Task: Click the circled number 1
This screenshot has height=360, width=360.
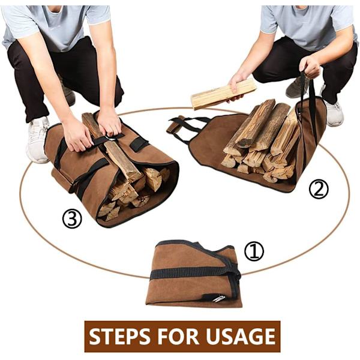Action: pos(254,251)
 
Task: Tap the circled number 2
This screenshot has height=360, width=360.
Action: pos(319,188)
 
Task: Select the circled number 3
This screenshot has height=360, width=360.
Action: pos(72,219)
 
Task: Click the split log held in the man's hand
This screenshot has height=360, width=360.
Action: pos(223,94)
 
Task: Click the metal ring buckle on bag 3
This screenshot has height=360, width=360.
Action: pos(110,139)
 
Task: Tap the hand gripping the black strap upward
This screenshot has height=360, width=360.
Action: pos(309,66)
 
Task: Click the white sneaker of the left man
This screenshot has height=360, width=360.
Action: pos(38,139)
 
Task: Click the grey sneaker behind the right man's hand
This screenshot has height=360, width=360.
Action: pos(296,87)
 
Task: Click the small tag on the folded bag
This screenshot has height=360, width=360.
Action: pos(214,298)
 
